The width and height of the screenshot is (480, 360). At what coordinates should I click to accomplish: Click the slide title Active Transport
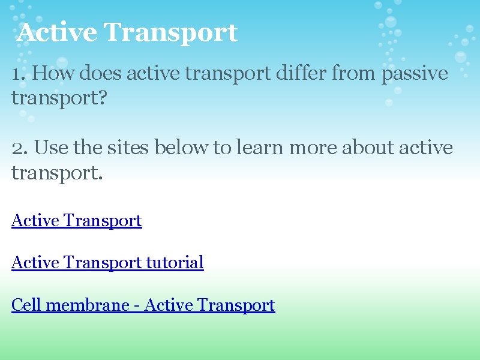tap(127, 32)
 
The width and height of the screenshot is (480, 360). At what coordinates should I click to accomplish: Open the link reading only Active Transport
tap(76, 221)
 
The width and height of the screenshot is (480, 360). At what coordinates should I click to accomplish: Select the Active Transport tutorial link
tap(107, 263)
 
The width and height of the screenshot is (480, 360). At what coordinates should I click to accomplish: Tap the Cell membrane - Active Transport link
tap(143, 305)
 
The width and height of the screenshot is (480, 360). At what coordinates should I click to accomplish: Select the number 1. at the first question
tap(19, 74)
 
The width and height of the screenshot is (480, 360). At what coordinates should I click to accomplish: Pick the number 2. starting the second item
tap(20, 148)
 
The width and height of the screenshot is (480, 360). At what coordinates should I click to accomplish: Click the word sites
tap(129, 148)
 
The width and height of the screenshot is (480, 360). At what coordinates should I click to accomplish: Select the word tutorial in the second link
tap(175, 263)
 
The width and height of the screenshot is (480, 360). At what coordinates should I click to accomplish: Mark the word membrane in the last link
tap(88, 305)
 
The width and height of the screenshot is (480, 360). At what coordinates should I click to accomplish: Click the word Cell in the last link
tap(26, 305)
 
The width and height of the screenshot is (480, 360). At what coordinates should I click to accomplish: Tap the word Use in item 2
tap(53, 148)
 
